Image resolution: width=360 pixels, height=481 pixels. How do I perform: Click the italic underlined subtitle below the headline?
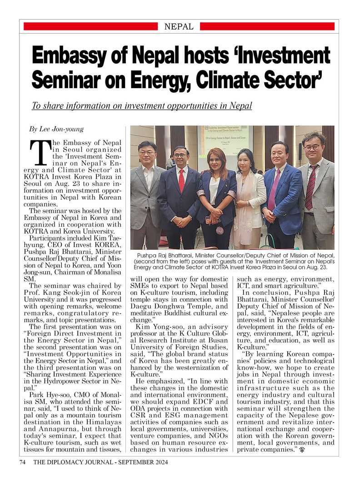tap(141, 106)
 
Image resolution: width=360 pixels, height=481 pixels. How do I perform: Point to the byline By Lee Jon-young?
tap(56, 129)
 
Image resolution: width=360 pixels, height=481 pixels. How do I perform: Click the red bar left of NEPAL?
tap(90, 27)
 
